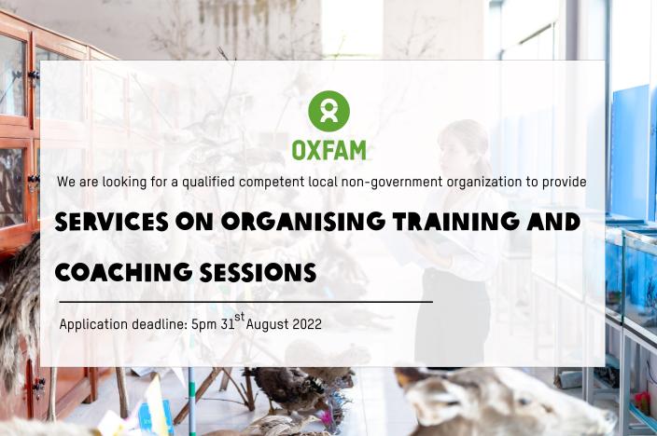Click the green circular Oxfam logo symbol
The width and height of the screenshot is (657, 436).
click(328, 111)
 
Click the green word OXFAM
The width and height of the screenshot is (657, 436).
click(328, 151)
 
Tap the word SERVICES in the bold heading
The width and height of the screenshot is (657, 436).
click(111, 222)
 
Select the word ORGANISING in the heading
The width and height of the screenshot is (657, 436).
click(303, 222)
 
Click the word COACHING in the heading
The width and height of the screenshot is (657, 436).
click(123, 272)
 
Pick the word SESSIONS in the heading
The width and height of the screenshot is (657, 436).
click(258, 272)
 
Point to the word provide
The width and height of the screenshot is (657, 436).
click(564, 183)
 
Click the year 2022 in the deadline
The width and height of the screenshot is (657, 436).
click(307, 324)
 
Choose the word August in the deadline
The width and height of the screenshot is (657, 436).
click(267, 325)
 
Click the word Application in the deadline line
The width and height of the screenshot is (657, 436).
click(93, 325)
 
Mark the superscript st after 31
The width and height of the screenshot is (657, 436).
click(239, 317)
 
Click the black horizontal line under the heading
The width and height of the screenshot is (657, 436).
click(246, 301)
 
